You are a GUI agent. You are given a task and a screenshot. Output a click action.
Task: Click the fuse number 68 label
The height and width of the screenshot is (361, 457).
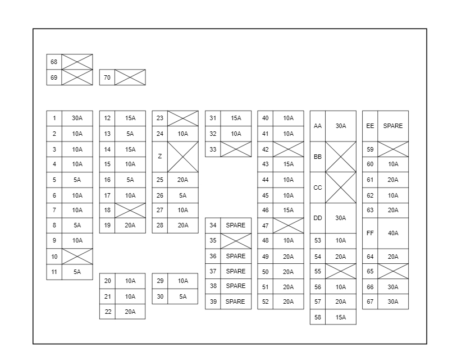[54, 62]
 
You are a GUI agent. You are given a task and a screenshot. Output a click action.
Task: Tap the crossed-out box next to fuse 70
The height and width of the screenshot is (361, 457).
[130, 77]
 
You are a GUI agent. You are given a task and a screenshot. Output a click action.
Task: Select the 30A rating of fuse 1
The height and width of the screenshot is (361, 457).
[77, 118]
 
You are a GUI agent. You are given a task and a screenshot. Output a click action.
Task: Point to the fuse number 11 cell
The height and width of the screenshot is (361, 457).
[54, 272]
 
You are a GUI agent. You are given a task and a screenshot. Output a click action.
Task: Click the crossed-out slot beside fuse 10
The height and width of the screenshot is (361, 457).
[77, 257]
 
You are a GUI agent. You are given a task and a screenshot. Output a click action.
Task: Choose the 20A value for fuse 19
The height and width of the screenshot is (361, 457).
[130, 225]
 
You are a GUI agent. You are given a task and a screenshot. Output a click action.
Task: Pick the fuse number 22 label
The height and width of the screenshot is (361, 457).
[107, 312]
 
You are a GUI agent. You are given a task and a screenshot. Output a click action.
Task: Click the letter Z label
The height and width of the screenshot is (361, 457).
[160, 156]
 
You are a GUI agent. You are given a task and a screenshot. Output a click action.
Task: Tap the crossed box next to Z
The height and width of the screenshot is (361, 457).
[183, 156]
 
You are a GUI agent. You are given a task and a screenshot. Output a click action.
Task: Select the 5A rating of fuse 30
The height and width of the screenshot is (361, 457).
[183, 296]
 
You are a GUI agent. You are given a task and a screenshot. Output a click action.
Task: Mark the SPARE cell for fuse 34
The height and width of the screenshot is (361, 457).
[236, 225]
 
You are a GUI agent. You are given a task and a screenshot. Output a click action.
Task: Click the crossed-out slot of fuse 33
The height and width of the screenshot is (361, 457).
[236, 149]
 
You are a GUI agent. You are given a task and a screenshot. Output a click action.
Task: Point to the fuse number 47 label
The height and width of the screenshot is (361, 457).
[266, 225]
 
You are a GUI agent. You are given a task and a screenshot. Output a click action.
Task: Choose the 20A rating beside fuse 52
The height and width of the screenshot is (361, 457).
[289, 301]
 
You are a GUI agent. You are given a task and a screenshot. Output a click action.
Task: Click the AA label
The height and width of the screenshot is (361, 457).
[318, 126]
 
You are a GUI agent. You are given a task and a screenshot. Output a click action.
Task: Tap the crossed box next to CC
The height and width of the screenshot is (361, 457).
[341, 188]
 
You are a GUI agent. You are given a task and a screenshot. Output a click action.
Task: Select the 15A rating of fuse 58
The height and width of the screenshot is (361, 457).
[341, 317]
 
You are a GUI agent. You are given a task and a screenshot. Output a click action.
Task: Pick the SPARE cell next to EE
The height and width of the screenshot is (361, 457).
[393, 126]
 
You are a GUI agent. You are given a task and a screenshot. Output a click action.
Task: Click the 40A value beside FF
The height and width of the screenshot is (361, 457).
[393, 233]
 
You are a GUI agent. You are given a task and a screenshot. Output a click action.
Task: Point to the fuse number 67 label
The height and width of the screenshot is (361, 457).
[370, 301]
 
